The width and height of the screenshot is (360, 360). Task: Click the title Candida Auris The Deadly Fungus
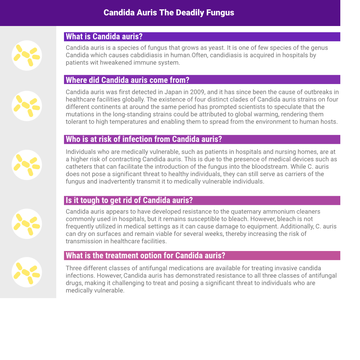coord(169,13)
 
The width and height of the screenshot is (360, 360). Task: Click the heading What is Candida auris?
coord(104,37)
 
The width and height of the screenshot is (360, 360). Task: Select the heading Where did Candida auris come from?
coord(128,80)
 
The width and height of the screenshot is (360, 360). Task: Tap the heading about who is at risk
coord(144,139)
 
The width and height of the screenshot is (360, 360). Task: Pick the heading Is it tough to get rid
coord(129,200)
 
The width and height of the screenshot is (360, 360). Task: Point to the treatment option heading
coord(146,256)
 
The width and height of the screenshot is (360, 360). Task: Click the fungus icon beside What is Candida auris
coord(27,55)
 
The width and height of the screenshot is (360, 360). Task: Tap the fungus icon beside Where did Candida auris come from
coord(27,106)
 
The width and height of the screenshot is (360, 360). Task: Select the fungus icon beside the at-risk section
coord(27,165)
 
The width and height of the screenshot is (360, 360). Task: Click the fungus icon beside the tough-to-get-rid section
coord(27,224)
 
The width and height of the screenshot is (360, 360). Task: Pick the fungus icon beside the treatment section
coord(27,272)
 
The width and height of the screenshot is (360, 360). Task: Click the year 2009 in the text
coord(200,92)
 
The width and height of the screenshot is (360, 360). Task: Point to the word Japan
coord(173,92)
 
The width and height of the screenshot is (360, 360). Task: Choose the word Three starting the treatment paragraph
coord(74,268)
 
